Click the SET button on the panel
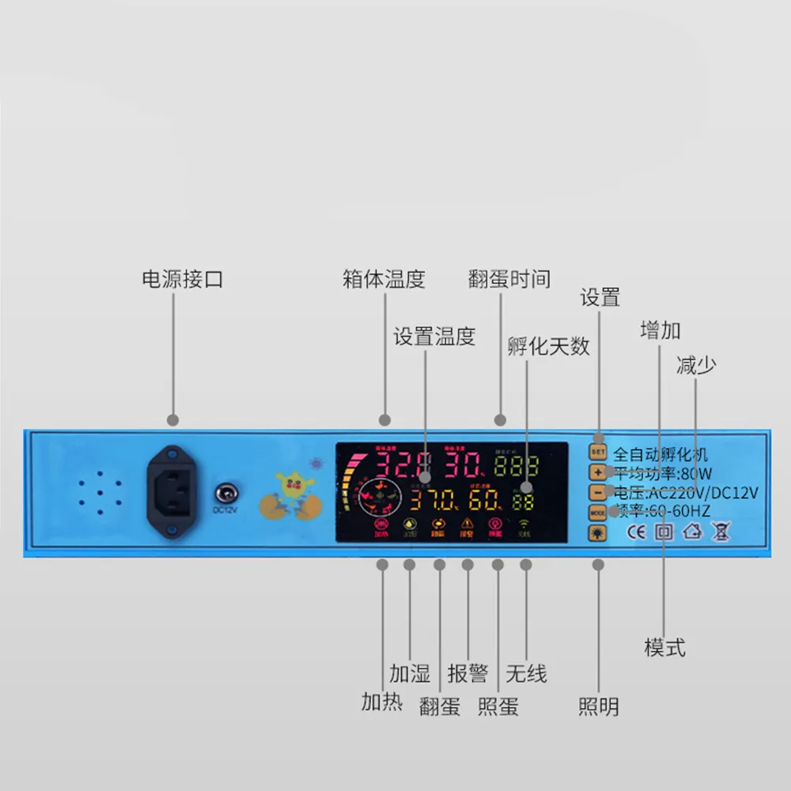[598, 452]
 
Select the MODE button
[598, 513]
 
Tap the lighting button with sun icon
[598, 532]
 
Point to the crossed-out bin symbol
[720, 532]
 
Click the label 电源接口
[182, 279]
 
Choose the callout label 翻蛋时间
[509, 279]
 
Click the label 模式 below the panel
[664, 648]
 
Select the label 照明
[598, 706]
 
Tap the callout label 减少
[696, 365]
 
